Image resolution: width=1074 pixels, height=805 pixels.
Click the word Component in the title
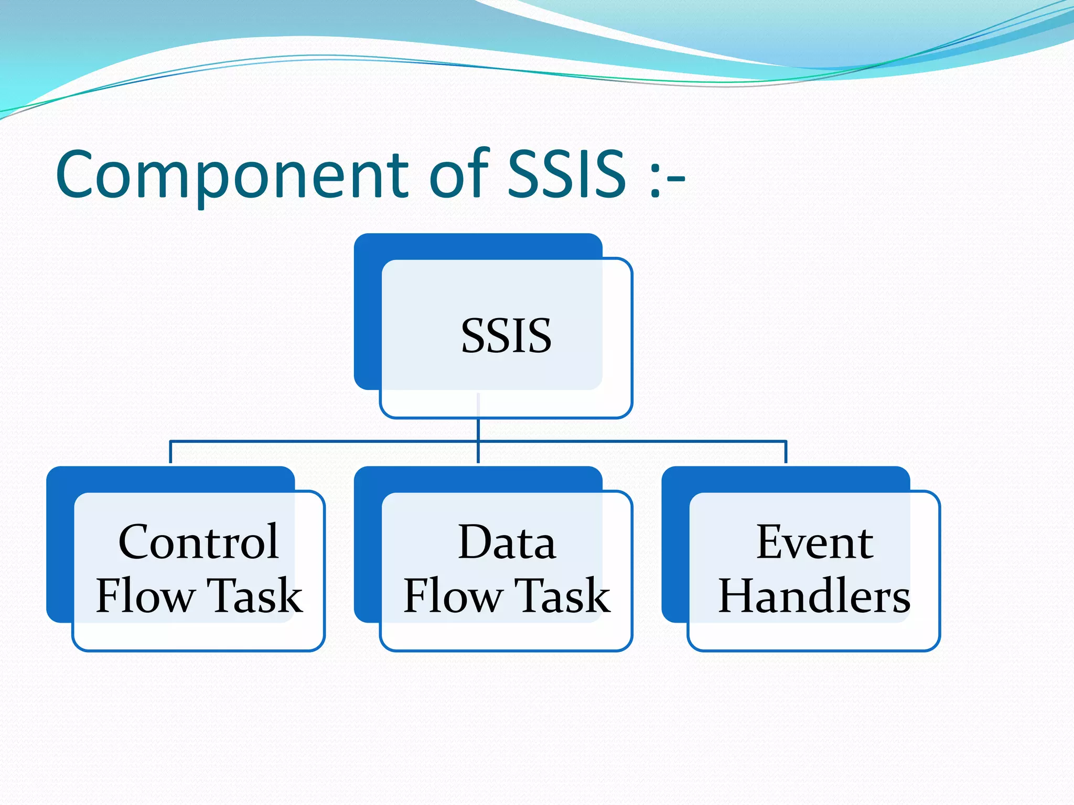[x=231, y=176]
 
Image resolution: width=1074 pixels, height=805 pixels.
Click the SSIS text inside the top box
[x=506, y=336]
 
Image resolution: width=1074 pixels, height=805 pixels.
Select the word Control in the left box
[x=198, y=542]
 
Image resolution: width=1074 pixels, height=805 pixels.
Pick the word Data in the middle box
[x=507, y=542]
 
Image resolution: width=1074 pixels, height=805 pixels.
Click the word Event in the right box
[x=814, y=542]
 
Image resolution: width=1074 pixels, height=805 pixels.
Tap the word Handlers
[x=814, y=596]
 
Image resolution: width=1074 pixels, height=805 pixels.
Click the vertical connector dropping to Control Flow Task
[x=170, y=452]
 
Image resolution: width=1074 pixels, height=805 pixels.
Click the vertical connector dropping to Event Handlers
[x=786, y=452]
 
